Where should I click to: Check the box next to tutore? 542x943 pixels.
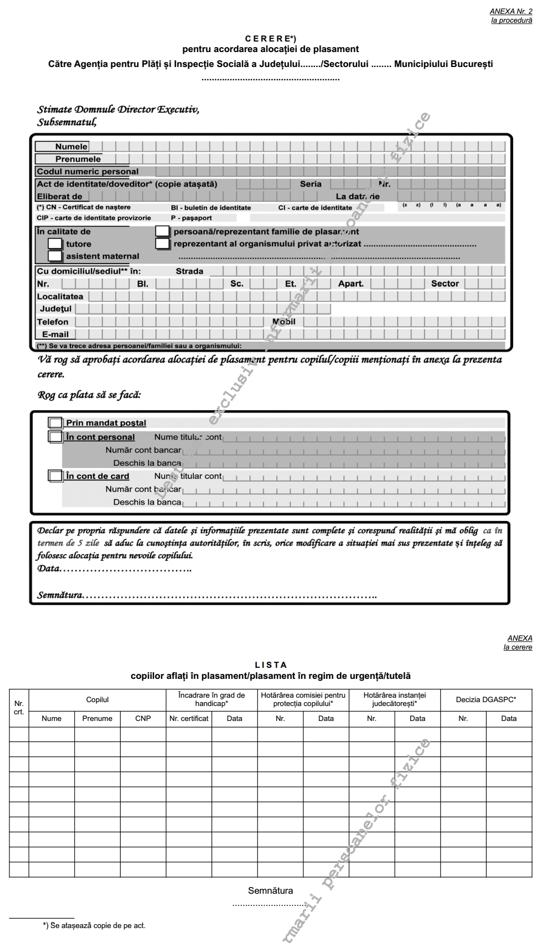[55, 244]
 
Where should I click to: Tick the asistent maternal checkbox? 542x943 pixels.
[55, 256]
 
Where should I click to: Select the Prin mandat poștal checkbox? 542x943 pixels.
[55, 423]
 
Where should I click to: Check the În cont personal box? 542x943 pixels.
[55, 437]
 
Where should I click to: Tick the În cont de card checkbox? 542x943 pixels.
[55, 476]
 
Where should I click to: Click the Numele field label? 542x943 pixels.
[71, 147]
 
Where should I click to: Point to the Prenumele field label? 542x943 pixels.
[78, 159]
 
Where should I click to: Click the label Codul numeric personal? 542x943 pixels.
[87, 172]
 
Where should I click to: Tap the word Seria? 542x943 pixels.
[311, 184]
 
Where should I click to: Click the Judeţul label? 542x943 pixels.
[55, 308]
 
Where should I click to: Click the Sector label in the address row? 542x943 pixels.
[445, 284]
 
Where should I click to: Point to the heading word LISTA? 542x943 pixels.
[271, 665]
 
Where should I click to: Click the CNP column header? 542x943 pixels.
[143, 718]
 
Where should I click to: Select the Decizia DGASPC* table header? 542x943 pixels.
[486, 699]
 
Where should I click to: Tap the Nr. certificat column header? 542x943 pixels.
[189, 718]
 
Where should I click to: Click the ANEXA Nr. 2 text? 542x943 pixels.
[510, 11]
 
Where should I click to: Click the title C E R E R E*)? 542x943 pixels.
[271, 39]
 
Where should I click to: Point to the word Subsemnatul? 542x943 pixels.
[66, 122]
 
